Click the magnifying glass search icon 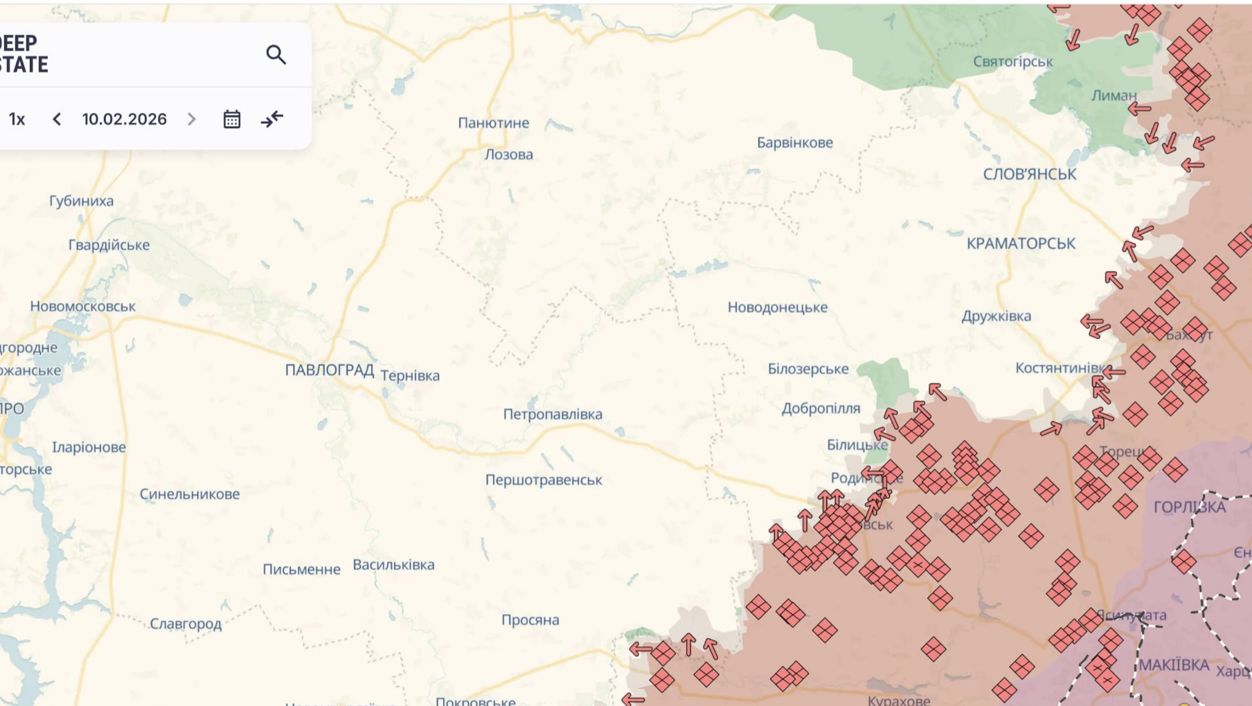(x=276, y=55)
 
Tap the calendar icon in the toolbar (x=232, y=119)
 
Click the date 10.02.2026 (x=125, y=119)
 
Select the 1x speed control (x=17, y=119)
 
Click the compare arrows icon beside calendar (x=272, y=119)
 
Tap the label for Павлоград (x=329, y=370)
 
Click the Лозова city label (x=508, y=154)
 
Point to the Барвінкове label (x=794, y=143)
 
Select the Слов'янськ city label (x=1029, y=174)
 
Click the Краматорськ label (x=1021, y=244)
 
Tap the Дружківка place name (x=996, y=316)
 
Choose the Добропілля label (x=821, y=408)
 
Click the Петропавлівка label (x=553, y=414)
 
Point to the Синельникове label (x=190, y=494)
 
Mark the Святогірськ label (x=1012, y=62)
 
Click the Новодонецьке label (x=777, y=307)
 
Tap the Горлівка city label (x=1189, y=507)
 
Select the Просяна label (x=530, y=620)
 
